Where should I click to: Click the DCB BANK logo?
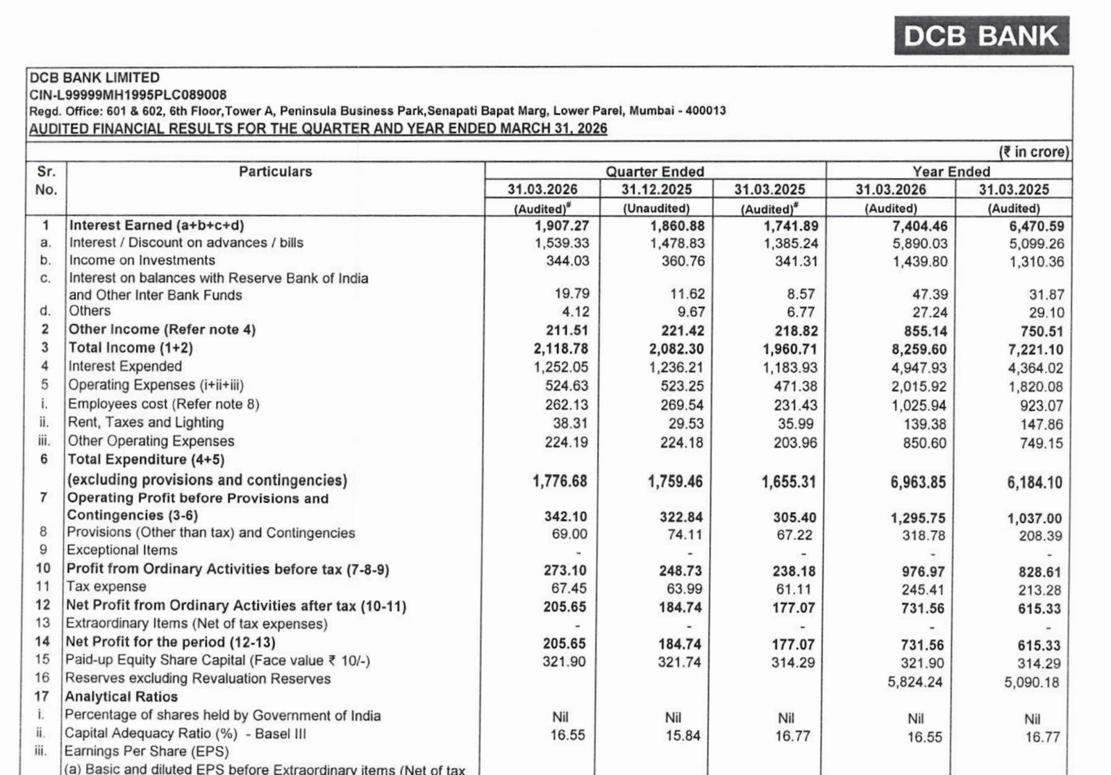click(981, 35)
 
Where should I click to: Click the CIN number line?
click(128, 94)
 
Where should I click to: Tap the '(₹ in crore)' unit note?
click(1033, 152)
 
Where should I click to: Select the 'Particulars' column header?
click(275, 171)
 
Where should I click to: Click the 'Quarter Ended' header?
click(655, 171)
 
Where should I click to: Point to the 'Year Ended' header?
click(951, 171)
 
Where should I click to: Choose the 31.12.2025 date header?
click(656, 189)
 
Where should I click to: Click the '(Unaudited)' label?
click(656, 208)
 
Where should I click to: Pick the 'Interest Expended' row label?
click(125, 366)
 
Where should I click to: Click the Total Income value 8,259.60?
click(918, 350)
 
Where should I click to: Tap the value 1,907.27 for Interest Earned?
click(561, 226)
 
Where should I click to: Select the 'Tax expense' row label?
click(106, 587)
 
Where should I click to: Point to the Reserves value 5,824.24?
click(914, 682)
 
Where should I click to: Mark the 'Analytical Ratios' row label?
click(122, 697)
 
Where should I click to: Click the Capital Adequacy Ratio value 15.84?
click(683, 735)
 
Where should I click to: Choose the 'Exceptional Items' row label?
click(122, 550)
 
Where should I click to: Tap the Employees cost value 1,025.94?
click(918, 405)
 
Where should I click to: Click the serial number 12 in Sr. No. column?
click(43, 605)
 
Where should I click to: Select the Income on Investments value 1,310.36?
click(1036, 262)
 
